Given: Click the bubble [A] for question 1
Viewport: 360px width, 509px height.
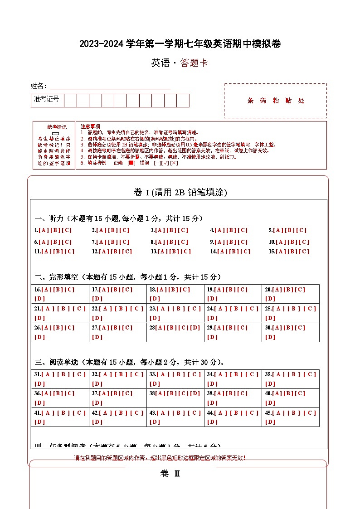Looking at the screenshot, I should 44,230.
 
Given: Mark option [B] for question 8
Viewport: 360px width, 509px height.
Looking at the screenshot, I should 172,242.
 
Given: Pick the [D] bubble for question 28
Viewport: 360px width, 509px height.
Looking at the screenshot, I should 195,328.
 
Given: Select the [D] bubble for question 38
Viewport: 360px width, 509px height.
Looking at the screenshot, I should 195,393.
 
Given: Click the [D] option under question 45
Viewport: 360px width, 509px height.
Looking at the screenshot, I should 270,422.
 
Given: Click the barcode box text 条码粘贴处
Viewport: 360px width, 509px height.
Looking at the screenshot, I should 276,101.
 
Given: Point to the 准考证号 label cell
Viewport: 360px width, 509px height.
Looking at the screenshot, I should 47,99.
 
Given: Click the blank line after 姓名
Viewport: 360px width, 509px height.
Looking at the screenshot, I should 110,86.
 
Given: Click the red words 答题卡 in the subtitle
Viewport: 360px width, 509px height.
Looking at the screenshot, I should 194,63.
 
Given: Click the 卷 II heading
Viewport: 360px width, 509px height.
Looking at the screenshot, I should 170,474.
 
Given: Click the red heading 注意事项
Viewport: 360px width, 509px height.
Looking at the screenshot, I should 91,126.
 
